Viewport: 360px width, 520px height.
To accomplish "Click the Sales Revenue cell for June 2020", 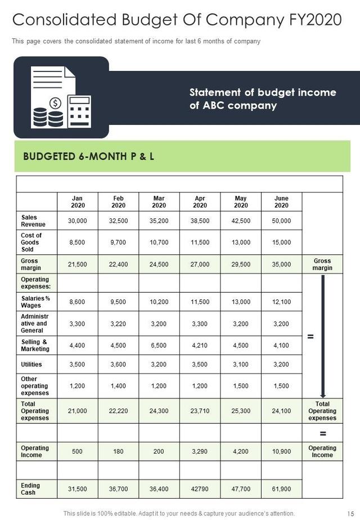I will point(281,221).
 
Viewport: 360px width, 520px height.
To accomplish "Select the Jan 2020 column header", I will point(78,201).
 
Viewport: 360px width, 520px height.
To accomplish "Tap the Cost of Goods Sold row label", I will point(31,242).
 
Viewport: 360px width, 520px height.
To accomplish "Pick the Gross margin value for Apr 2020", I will point(200,264).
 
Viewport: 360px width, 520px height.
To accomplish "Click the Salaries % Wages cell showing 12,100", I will point(281,302).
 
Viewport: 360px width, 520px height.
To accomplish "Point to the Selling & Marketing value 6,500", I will point(159,346).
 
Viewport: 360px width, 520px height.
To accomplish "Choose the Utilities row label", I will point(31,364).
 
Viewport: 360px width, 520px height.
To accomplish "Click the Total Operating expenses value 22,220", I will point(118,411).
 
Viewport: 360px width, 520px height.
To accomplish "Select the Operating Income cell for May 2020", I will point(241,451).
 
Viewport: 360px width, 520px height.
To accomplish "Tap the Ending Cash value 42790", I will point(200,488).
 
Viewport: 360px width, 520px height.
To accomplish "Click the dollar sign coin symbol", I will point(55,103).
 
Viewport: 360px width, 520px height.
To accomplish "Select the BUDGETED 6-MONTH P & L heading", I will point(88,156).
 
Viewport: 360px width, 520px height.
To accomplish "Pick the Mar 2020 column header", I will point(159,201).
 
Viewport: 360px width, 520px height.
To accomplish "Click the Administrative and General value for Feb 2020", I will point(118,324).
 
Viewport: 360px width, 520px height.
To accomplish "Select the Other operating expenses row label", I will point(35,386).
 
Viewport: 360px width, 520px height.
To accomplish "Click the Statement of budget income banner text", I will point(262,98).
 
